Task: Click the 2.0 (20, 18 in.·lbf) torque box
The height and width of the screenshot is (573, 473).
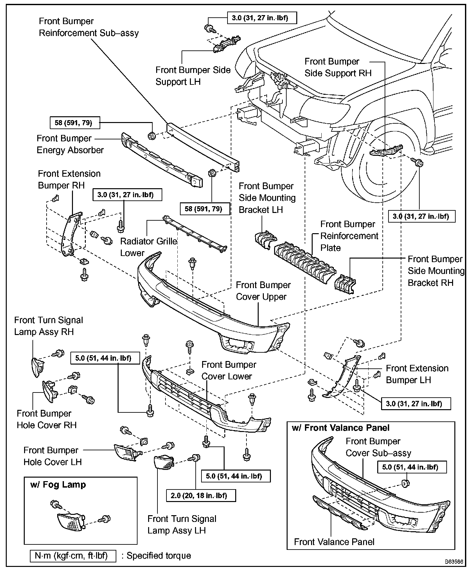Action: click(x=201, y=495)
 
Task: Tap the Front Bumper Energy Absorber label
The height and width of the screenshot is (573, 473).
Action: click(x=70, y=144)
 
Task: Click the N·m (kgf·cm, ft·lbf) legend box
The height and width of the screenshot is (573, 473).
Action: click(x=73, y=556)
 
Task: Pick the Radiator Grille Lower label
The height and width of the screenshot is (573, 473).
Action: click(x=148, y=247)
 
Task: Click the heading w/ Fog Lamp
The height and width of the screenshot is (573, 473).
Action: click(x=58, y=484)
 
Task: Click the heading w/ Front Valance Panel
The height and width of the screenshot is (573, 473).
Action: click(x=340, y=428)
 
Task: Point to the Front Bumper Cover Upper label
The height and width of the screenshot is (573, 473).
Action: click(x=263, y=291)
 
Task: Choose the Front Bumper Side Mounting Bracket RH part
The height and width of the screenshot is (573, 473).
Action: click(x=345, y=283)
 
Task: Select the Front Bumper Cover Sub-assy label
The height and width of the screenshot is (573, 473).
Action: click(x=378, y=447)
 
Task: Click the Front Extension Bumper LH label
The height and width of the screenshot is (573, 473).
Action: click(x=417, y=374)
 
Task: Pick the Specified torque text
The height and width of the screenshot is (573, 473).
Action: click(x=159, y=556)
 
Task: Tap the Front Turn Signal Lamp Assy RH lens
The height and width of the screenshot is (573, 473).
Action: click(x=38, y=367)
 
